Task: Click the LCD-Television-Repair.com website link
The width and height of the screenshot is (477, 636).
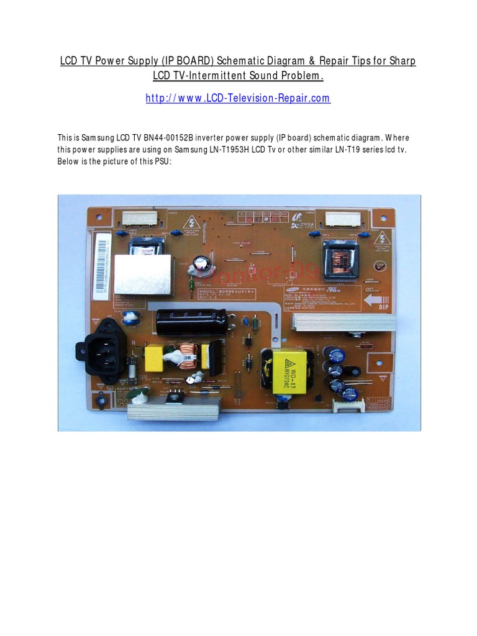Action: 238,99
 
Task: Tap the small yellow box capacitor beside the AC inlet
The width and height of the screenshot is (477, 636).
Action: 153,358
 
